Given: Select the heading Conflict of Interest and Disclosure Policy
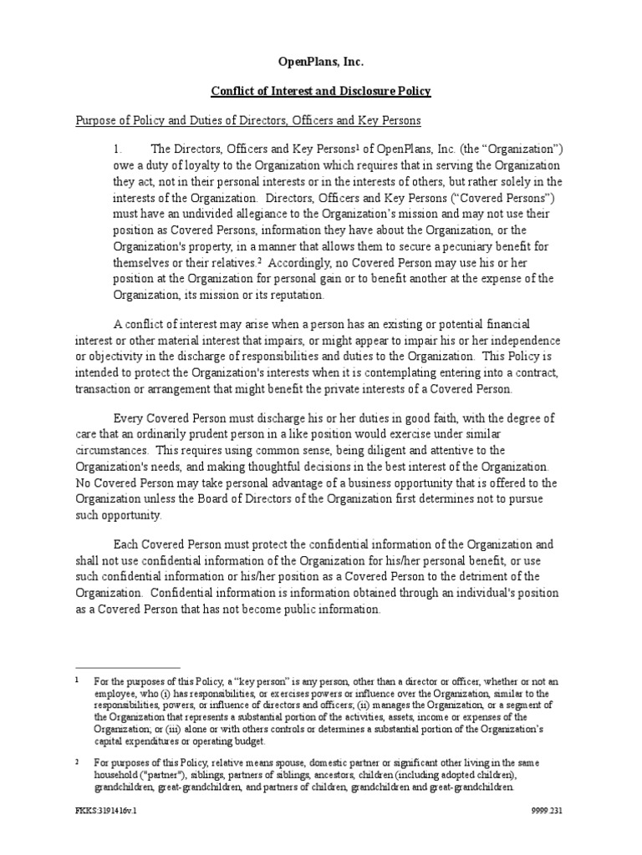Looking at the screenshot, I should pos(321,91).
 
